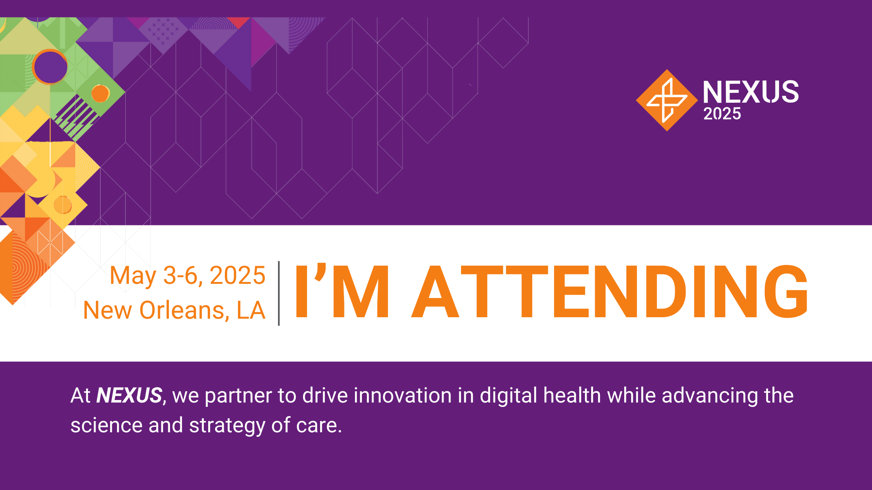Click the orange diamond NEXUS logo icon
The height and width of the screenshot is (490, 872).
pos(667,100)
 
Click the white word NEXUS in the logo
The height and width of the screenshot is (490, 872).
pos(751,92)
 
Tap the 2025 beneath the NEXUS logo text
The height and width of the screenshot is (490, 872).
pos(722,114)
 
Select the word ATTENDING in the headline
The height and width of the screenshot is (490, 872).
pos(610,291)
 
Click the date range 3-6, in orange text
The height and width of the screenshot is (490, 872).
pos(183,275)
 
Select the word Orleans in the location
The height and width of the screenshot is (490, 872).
pos(185,311)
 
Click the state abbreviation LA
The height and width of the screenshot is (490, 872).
pos(251,310)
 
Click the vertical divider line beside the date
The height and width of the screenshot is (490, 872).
pos(279,293)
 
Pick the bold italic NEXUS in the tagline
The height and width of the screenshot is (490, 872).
pos(129,395)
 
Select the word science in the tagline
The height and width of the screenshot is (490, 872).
pos(106,425)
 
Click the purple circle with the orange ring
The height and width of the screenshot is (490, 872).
pos(50,67)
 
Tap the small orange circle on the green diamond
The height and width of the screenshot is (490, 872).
pos(100,94)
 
